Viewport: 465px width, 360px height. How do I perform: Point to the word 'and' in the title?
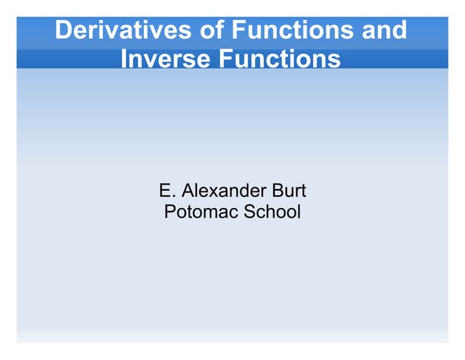pos(385,31)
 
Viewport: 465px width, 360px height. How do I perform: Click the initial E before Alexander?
pos(164,191)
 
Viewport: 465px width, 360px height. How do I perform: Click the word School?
pos(273,213)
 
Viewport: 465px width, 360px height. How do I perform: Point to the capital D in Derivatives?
pos(64,31)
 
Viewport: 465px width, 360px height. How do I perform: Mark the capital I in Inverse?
pos(124,58)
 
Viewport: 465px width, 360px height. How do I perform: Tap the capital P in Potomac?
pos(170,213)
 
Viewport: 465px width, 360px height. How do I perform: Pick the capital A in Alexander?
pos(187,191)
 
